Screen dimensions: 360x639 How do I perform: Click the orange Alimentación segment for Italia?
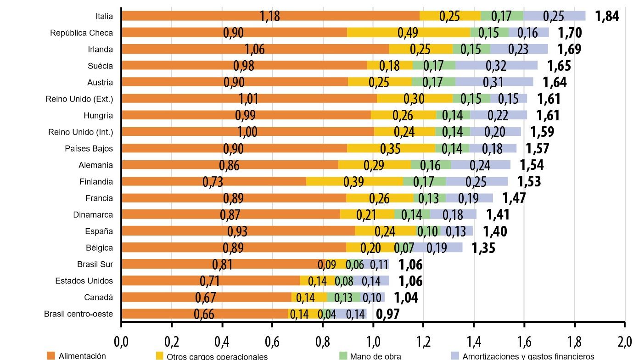point(271,16)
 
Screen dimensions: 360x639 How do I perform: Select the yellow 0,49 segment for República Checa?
point(408,33)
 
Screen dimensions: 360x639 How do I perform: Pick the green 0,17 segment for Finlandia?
point(424,181)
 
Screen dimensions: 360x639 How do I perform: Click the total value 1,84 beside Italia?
point(607,17)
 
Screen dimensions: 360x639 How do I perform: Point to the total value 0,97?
point(388,315)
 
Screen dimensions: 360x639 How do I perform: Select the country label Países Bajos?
point(89,149)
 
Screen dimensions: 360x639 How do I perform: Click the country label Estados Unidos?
point(84,281)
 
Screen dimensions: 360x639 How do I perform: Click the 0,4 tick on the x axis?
point(222,342)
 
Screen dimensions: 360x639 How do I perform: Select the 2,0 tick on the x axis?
point(625,342)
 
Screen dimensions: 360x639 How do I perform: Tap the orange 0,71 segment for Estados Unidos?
point(211,281)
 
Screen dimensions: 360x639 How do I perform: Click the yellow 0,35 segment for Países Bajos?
point(391,148)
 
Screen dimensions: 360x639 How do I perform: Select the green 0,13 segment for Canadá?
point(343,298)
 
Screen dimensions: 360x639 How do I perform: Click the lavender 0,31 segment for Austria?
point(494,82)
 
